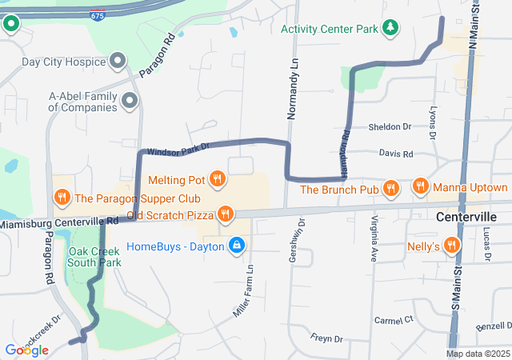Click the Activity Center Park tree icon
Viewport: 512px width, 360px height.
[x=390, y=29]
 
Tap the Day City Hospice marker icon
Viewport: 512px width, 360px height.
[x=118, y=62]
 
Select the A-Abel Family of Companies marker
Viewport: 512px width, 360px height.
[x=129, y=102]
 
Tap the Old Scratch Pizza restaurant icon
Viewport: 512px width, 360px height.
[x=226, y=214]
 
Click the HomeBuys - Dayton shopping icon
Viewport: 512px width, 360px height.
[x=236, y=245]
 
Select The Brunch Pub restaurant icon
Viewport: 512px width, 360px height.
[x=390, y=189]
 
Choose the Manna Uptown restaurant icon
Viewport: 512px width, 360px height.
[x=421, y=187]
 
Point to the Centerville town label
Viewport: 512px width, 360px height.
[x=467, y=217]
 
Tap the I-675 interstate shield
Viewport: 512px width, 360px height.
[x=97, y=16]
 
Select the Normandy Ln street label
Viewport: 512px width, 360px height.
[x=293, y=86]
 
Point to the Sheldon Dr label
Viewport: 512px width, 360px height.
[x=389, y=127]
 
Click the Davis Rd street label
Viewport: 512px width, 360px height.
[x=395, y=154]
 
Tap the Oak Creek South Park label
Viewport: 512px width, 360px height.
[x=94, y=256]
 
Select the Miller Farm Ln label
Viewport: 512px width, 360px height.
[x=243, y=290]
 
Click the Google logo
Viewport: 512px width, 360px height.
[x=27, y=350]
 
